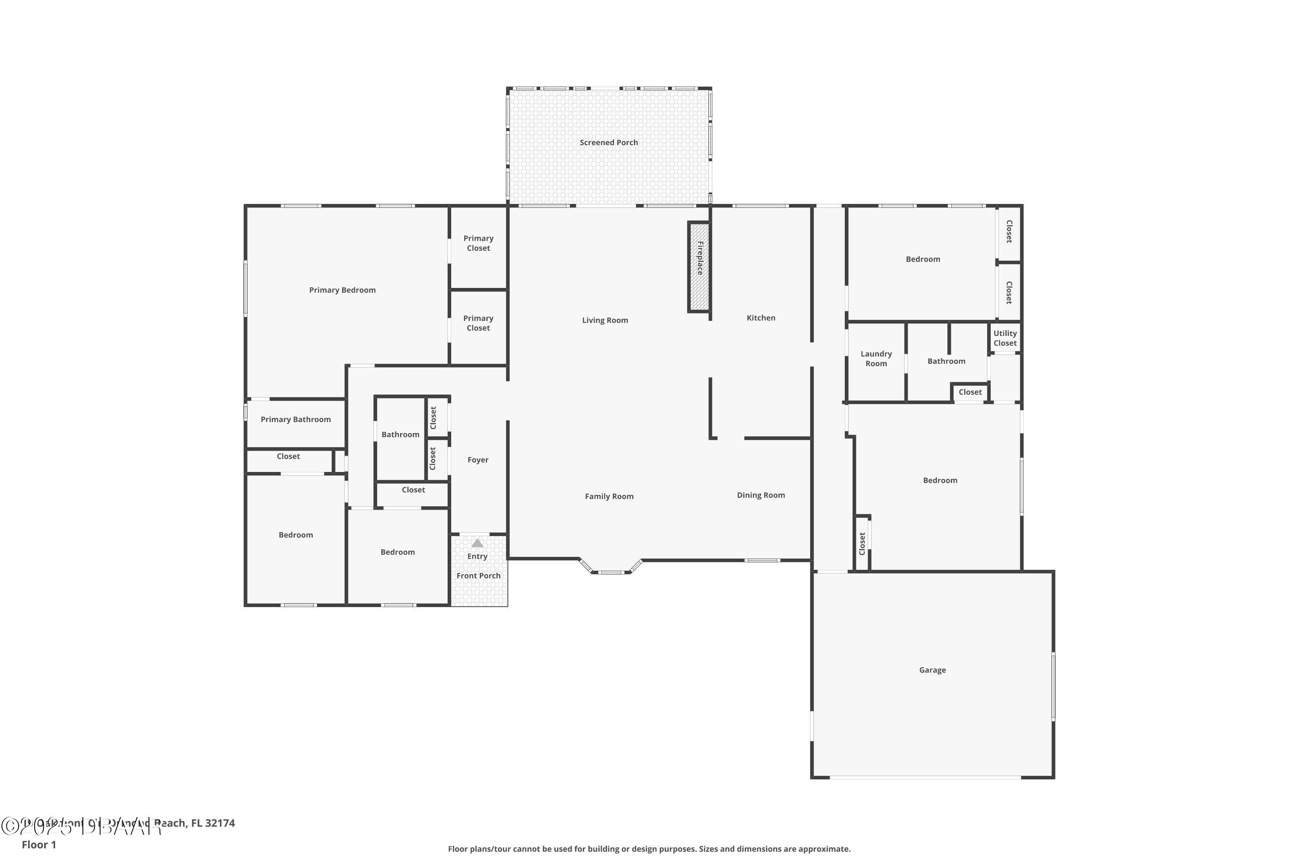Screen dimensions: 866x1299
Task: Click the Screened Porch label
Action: (x=609, y=142)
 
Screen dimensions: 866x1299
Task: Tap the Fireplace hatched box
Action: (x=699, y=267)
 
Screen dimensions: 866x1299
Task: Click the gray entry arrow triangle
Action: (x=477, y=543)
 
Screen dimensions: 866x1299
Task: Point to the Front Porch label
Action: (x=478, y=575)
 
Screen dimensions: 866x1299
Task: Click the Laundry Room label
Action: (x=876, y=359)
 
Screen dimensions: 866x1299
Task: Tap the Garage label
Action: (x=932, y=670)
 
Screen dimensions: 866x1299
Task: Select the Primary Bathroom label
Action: (x=295, y=419)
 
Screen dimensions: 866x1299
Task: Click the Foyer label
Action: (x=478, y=459)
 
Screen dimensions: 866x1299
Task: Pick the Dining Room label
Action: (x=760, y=495)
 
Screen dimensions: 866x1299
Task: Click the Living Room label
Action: (x=605, y=320)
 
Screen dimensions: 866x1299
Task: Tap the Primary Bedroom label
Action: (x=342, y=290)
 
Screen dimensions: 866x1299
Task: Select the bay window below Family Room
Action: (x=611, y=571)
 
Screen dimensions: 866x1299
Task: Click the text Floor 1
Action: (x=39, y=844)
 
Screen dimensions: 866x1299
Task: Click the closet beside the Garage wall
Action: (x=862, y=543)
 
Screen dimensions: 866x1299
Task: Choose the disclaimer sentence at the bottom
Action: (x=649, y=849)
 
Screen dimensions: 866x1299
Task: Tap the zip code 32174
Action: (x=220, y=823)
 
